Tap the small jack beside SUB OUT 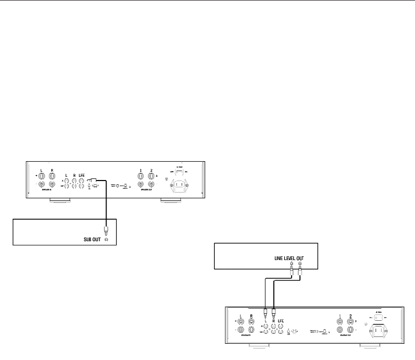click(x=107, y=240)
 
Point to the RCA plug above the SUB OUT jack click(x=106, y=230)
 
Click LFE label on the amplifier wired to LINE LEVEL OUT click(x=281, y=320)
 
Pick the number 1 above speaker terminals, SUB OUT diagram click(x=140, y=171)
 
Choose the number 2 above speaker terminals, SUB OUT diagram click(x=151, y=171)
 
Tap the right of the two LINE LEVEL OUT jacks click(x=299, y=264)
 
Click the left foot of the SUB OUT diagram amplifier click(x=58, y=200)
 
